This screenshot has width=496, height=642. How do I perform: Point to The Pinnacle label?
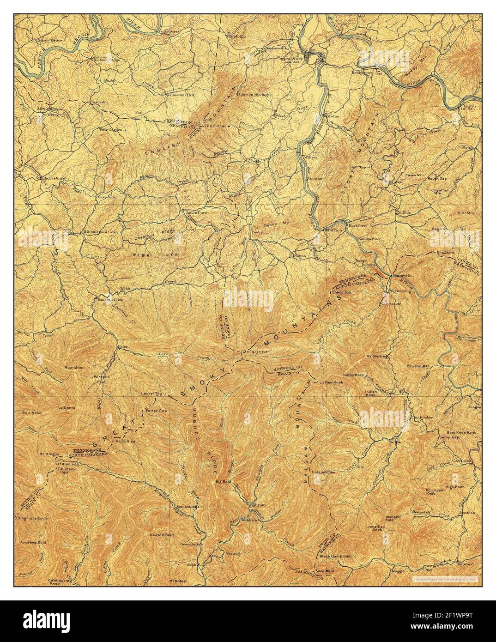click(x=215, y=126)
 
